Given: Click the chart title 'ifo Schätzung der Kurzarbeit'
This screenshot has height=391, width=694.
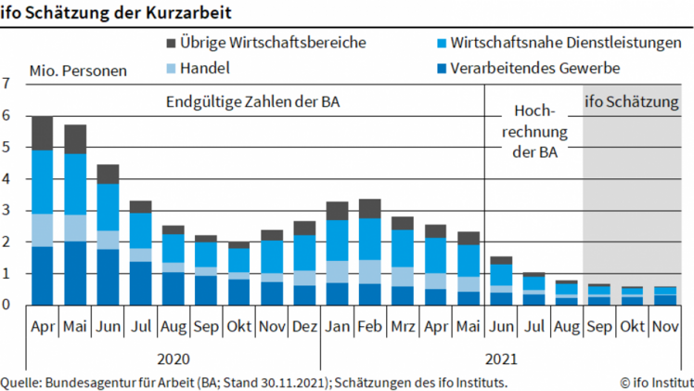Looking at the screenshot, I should tap(116, 12).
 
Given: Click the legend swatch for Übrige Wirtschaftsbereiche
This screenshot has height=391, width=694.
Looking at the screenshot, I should tap(172, 43).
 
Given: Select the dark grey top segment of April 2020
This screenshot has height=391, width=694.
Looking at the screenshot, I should tap(43, 133).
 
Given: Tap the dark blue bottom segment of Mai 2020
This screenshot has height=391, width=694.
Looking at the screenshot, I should tap(75, 273).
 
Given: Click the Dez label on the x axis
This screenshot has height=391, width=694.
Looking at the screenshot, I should tap(304, 328).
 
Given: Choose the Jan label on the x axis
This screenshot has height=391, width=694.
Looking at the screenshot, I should tap(337, 328).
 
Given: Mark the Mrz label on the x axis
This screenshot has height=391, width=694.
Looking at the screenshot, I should tap(402, 328).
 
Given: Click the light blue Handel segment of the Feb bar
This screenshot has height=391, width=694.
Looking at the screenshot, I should tap(369, 271).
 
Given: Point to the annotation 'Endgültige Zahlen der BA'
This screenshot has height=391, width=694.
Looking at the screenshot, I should tap(253, 102).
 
